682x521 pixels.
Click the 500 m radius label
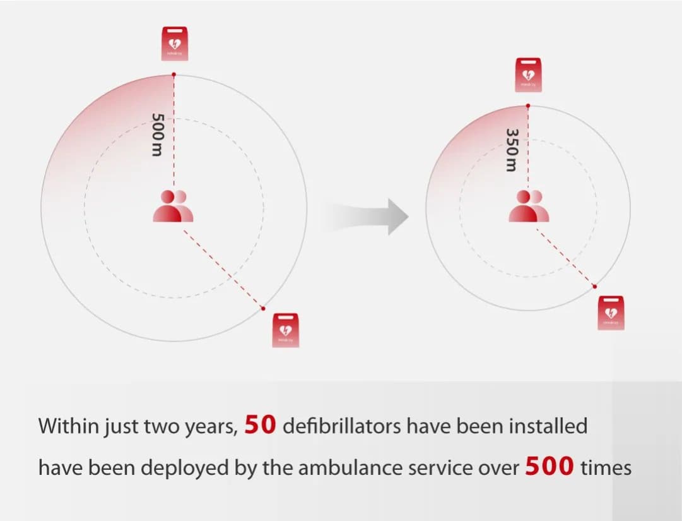[158, 135]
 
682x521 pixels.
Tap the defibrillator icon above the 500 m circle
[174, 44]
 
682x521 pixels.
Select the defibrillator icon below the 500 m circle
[285, 329]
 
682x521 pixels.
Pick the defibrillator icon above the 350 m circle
[528, 75]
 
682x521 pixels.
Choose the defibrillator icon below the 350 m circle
[610, 312]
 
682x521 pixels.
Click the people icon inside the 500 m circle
[173, 207]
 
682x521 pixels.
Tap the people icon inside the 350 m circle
[529, 207]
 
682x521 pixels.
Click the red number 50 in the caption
[260, 425]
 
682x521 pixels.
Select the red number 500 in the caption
[549, 467]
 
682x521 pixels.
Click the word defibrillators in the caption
[341, 426]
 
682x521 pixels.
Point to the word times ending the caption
[606, 469]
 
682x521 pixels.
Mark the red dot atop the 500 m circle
[174, 75]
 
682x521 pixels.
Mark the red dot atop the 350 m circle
[528, 105]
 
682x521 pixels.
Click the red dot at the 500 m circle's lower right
[263, 308]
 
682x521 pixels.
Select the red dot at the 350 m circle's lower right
[594, 287]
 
